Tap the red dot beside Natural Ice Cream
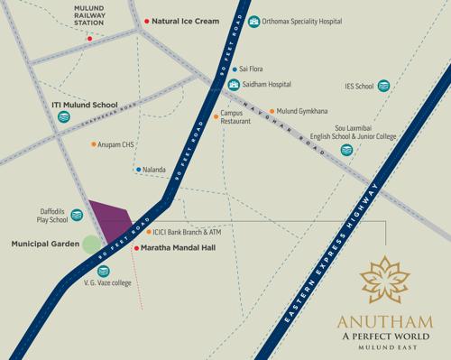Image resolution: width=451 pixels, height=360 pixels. pyautogui.click(x=147, y=20)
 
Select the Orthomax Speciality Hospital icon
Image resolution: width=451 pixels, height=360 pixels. pyautogui.click(x=253, y=20)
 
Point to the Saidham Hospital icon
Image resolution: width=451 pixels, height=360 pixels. pyautogui.click(x=234, y=85)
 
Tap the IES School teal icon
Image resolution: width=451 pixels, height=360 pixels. pyautogui.click(x=384, y=87)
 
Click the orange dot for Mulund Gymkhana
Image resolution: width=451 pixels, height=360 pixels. pyautogui.click(x=272, y=111)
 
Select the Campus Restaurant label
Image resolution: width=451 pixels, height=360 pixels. pyautogui.click(x=236, y=120)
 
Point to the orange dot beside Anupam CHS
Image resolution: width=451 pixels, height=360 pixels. pyautogui.click(x=94, y=144)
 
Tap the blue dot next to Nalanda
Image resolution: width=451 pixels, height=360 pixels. pyautogui.click(x=138, y=169)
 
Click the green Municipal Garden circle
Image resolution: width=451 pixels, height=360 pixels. pyautogui.click(x=90, y=244)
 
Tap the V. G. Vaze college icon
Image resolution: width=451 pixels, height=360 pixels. pyautogui.click(x=91, y=270)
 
